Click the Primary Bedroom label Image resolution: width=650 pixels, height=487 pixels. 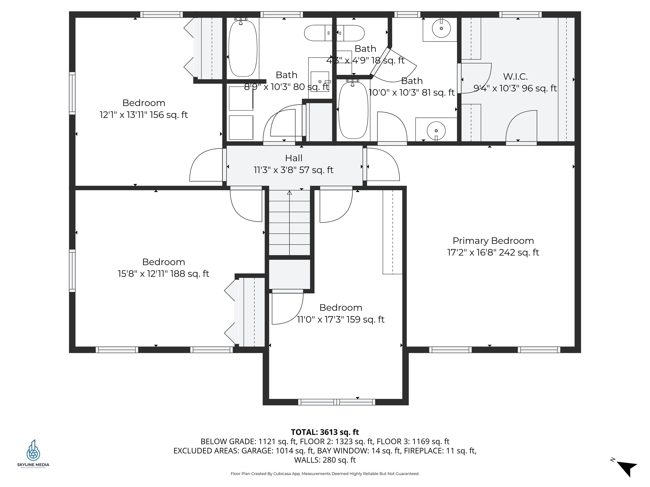(x=493, y=241)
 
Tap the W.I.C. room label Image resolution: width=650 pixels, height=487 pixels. (x=515, y=77)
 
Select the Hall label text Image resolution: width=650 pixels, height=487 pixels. (x=293, y=158)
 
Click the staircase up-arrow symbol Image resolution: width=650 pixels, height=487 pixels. (x=289, y=193)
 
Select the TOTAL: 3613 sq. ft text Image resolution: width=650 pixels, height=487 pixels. (x=325, y=432)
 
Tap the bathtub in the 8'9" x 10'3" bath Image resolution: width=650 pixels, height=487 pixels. (x=243, y=48)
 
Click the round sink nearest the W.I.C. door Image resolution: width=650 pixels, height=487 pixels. (x=436, y=130)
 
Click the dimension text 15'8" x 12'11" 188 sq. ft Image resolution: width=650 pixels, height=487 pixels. (x=163, y=274)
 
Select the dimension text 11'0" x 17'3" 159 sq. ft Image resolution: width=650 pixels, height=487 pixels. (x=341, y=319)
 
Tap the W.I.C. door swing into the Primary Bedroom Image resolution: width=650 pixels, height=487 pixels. (x=521, y=126)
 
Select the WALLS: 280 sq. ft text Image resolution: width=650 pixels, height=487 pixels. (x=325, y=460)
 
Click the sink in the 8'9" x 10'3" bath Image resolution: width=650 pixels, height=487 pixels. (x=320, y=82)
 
